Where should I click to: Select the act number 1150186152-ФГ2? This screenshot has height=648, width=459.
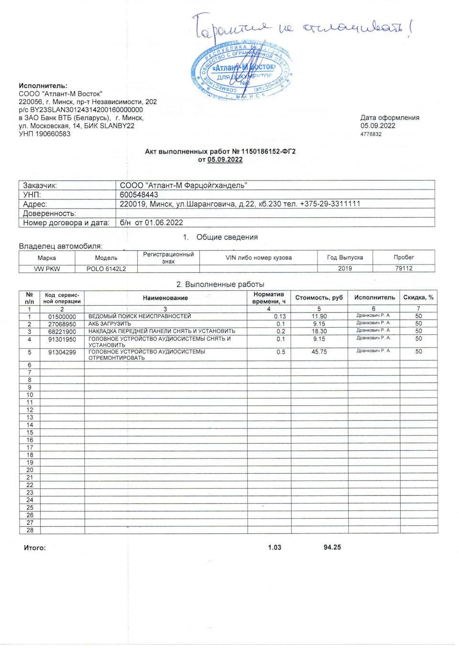coord(268,151)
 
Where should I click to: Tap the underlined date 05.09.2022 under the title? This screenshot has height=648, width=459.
coord(225,159)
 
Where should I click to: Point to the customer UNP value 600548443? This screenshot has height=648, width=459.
coord(139,195)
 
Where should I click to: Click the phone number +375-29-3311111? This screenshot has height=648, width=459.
coord(330,204)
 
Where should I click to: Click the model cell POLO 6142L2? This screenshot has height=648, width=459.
coord(106,269)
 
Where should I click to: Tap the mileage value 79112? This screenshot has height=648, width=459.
coord(404,268)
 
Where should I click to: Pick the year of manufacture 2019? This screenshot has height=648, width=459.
coord(345,268)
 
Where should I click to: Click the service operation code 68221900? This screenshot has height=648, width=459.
coord(62,331)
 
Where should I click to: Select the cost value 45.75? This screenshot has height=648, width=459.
coord(319,352)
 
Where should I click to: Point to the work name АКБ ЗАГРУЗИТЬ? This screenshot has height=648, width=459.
coord(109,324)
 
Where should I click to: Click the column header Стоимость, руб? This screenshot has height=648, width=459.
coord(319,297)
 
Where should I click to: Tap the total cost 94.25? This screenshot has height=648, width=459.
coord(332,547)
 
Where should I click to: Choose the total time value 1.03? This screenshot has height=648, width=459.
coord(274,547)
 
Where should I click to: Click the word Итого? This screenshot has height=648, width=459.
coord(35,548)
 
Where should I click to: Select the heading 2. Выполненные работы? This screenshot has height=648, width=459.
coord(220,284)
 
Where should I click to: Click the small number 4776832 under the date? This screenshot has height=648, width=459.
coord(371,134)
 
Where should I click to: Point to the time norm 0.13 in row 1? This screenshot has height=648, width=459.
coord(280,317)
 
